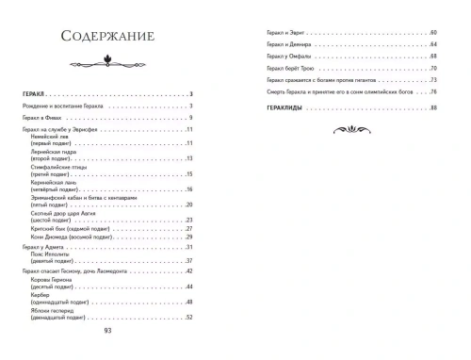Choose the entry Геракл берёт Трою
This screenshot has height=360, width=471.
(x=289, y=69)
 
